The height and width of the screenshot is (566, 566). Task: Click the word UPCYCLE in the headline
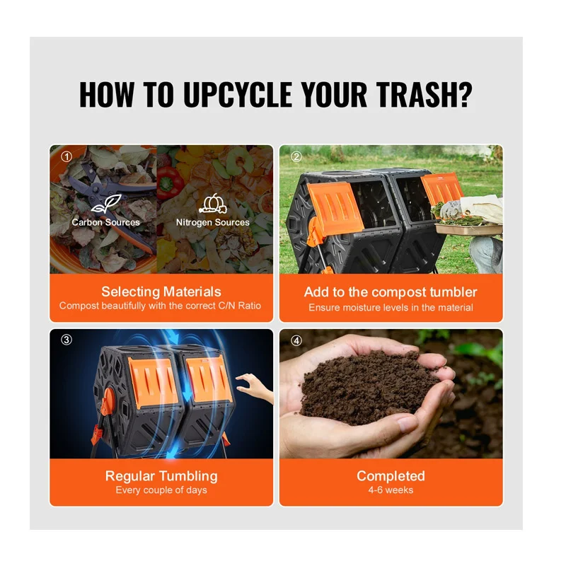(238, 94)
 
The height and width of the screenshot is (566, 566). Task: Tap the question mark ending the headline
(464, 94)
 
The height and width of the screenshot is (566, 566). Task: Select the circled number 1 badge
(67, 156)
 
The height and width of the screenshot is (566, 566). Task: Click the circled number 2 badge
(296, 156)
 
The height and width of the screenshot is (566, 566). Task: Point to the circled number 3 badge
(67, 340)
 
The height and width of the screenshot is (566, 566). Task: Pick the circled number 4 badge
(296, 340)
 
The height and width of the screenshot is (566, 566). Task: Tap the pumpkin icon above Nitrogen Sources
(213, 204)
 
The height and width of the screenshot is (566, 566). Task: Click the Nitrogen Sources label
(213, 222)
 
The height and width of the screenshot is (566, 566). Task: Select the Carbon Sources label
(105, 222)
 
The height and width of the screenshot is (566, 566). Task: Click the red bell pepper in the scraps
(171, 182)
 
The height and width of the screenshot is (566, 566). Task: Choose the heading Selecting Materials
(161, 291)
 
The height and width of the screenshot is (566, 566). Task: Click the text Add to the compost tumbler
(391, 292)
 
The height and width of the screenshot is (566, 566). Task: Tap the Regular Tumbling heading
(161, 476)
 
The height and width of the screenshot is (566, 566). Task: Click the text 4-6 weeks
(391, 490)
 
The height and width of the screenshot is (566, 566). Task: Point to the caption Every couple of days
(161, 490)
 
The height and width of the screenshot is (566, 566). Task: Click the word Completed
(391, 475)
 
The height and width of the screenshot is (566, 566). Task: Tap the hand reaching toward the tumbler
(255, 388)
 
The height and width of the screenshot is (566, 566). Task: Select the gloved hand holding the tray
(451, 209)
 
